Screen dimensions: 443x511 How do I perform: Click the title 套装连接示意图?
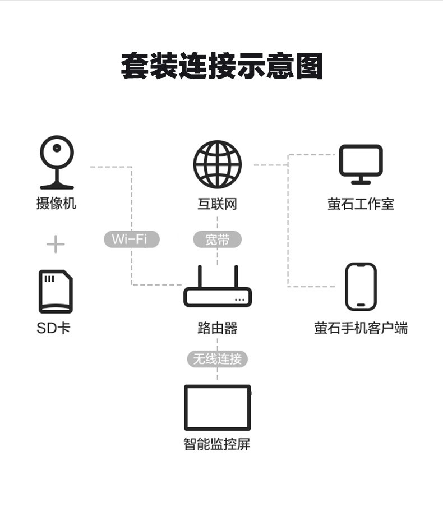(221, 67)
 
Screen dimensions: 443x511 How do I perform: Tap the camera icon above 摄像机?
(57, 162)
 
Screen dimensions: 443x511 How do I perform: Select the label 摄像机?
(56, 204)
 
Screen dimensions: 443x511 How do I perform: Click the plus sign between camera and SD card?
(56, 244)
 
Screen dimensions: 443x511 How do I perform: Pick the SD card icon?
(56, 291)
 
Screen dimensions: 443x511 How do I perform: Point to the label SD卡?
(53, 328)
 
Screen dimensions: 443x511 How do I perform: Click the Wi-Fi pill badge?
(132, 240)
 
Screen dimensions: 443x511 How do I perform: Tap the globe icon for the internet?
(218, 164)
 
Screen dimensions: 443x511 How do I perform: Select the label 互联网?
(218, 204)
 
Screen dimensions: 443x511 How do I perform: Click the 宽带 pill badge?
(218, 240)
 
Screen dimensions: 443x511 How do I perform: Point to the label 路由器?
(218, 328)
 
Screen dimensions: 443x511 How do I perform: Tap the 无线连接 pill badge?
(218, 359)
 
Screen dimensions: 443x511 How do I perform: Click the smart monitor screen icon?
(218, 407)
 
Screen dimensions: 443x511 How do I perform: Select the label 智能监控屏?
(218, 444)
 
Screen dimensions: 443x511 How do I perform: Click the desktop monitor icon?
(361, 164)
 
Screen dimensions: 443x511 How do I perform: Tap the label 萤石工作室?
(361, 204)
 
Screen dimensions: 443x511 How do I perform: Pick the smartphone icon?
(361, 286)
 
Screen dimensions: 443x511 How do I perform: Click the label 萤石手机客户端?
(361, 328)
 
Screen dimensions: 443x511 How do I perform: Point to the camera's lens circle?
(57, 149)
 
